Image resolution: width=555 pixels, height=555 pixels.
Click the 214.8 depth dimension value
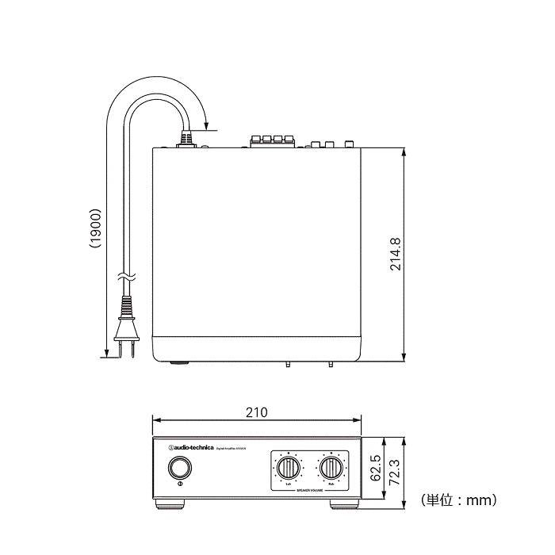pyautogui.click(x=395, y=254)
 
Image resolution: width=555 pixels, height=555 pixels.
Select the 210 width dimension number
pyautogui.click(x=256, y=412)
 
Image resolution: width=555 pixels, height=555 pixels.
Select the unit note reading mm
pyautogui.click(x=459, y=500)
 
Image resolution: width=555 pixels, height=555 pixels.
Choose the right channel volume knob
pyautogui.click(x=331, y=468)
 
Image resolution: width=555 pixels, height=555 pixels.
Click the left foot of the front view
pyautogui.click(x=170, y=503)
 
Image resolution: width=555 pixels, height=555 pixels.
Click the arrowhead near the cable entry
pyautogui.click(x=205, y=126)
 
